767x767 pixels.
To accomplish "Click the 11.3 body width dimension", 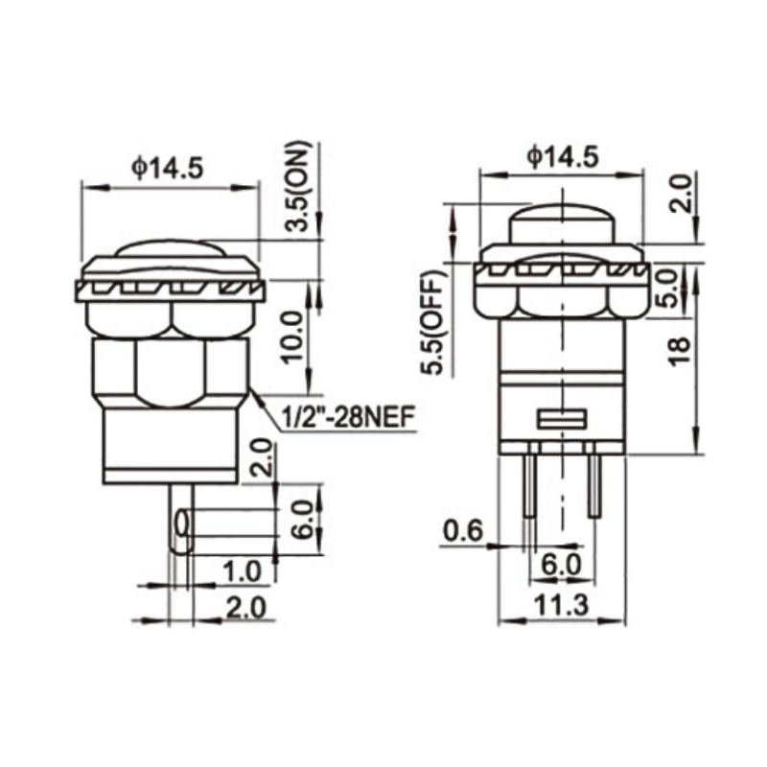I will [x=561, y=603].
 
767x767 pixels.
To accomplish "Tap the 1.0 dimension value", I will [x=241, y=572].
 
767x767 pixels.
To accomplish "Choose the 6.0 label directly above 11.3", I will [x=561, y=565].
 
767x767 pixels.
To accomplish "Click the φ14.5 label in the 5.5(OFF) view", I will [x=563, y=155].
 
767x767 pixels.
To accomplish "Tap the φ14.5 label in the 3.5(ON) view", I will [x=169, y=169].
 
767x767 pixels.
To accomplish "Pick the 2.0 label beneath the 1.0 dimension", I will [x=243, y=606].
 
